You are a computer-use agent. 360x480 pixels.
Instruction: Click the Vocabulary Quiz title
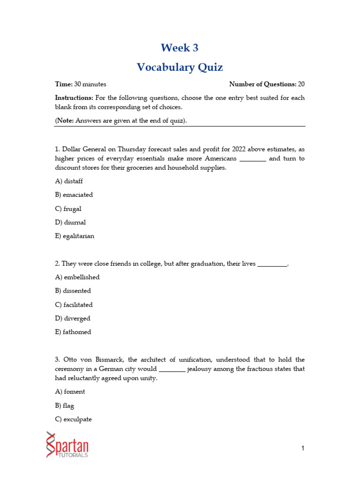180,67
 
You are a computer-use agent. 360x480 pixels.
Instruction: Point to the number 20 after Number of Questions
301,84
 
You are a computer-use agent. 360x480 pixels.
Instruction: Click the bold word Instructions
74,98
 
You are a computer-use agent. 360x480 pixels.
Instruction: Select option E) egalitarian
75,236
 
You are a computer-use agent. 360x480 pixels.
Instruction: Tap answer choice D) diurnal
70,222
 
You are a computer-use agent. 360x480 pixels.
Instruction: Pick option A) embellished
77,277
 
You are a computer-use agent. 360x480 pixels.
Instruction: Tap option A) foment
70,391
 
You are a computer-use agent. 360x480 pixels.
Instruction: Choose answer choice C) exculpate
73,419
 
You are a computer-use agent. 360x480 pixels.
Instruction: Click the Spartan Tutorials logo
67,445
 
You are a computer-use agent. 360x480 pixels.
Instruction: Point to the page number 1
303,449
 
